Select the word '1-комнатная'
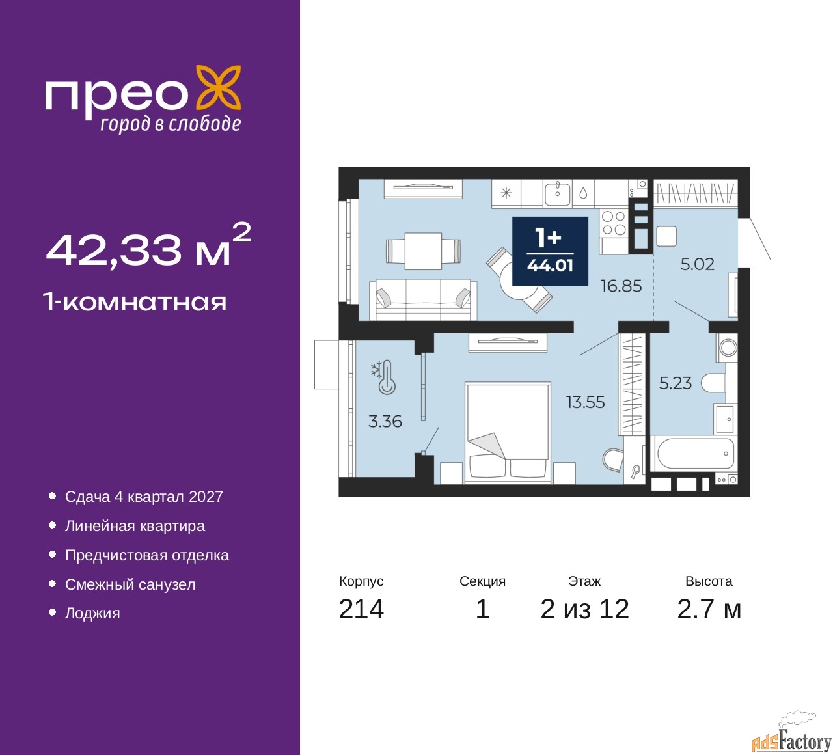pyautogui.click(x=135, y=303)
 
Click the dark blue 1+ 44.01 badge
pyautogui.click(x=550, y=251)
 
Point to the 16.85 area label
pyautogui.click(x=621, y=286)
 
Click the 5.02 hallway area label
pyautogui.click(x=697, y=264)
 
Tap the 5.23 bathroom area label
pyautogui.click(x=676, y=383)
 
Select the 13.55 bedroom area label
pyautogui.click(x=586, y=402)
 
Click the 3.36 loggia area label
pyautogui.click(x=385, y=422)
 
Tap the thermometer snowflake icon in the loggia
pyautogui.click(x=383, y=377)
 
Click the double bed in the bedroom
pyautogui.click(x=508, y=433)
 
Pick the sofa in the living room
pyautogui.click(x=423, y=299)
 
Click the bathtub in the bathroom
pyautogui.click(x=692, y=454)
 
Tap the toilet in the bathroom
pyautogui.click(x=713, y=383)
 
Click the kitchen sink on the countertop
pyautogui.click(x=557, y=193)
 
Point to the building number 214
pyautogui.click(x=361, y=609)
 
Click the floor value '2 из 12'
pyautogui.click(x=584, y=609)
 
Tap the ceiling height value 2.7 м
pyautogui.click(x=709, y=609)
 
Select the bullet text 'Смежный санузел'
pyautogui.click(x=130, y=584)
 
